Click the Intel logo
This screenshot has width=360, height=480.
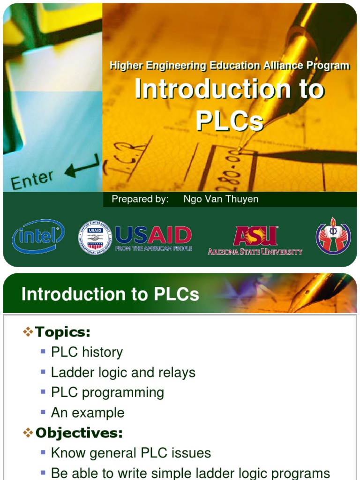(x=38, y=236)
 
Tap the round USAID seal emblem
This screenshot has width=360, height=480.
(x=95, y=238)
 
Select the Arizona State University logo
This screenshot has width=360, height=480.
(x=255, y=240)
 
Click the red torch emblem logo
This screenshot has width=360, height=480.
(x=333, y=236)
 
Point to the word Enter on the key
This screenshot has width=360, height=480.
(x=32, y=180)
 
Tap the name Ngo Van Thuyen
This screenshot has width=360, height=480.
(x=221, y=199)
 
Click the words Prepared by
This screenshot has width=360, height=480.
(x=140, y=199)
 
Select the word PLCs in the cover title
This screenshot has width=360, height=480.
(x=229, y=120)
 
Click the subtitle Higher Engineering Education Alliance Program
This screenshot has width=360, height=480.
(x=229, y=66)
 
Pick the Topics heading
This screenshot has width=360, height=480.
(x=63, y=332)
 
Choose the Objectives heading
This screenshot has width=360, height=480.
(x=79, y=433)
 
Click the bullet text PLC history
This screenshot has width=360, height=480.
(x=87, y=352)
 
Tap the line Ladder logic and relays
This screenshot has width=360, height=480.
(x=123, y=373)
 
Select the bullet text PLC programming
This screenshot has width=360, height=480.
(x=107, y=392)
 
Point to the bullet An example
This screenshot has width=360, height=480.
(x=88, y=413)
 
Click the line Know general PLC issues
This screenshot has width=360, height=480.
(x=131, y=453)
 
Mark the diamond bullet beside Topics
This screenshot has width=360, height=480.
(x=28, y=332)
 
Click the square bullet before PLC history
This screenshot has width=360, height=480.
(x=43, y=352)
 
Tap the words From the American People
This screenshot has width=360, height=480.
(x=153, y=248)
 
